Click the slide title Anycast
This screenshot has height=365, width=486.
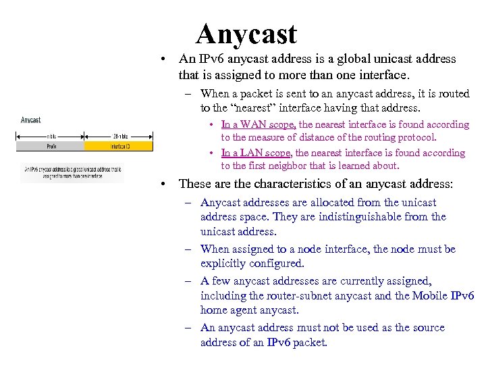coord(246,34)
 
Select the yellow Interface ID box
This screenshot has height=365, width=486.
coord(103,145)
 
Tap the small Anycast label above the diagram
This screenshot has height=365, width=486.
coord(31,120)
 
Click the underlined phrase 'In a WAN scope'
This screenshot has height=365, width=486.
coord(259,124)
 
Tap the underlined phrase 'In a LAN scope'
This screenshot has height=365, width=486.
coord(257,153)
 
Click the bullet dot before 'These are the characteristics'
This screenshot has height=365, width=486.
coord(163,185)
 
